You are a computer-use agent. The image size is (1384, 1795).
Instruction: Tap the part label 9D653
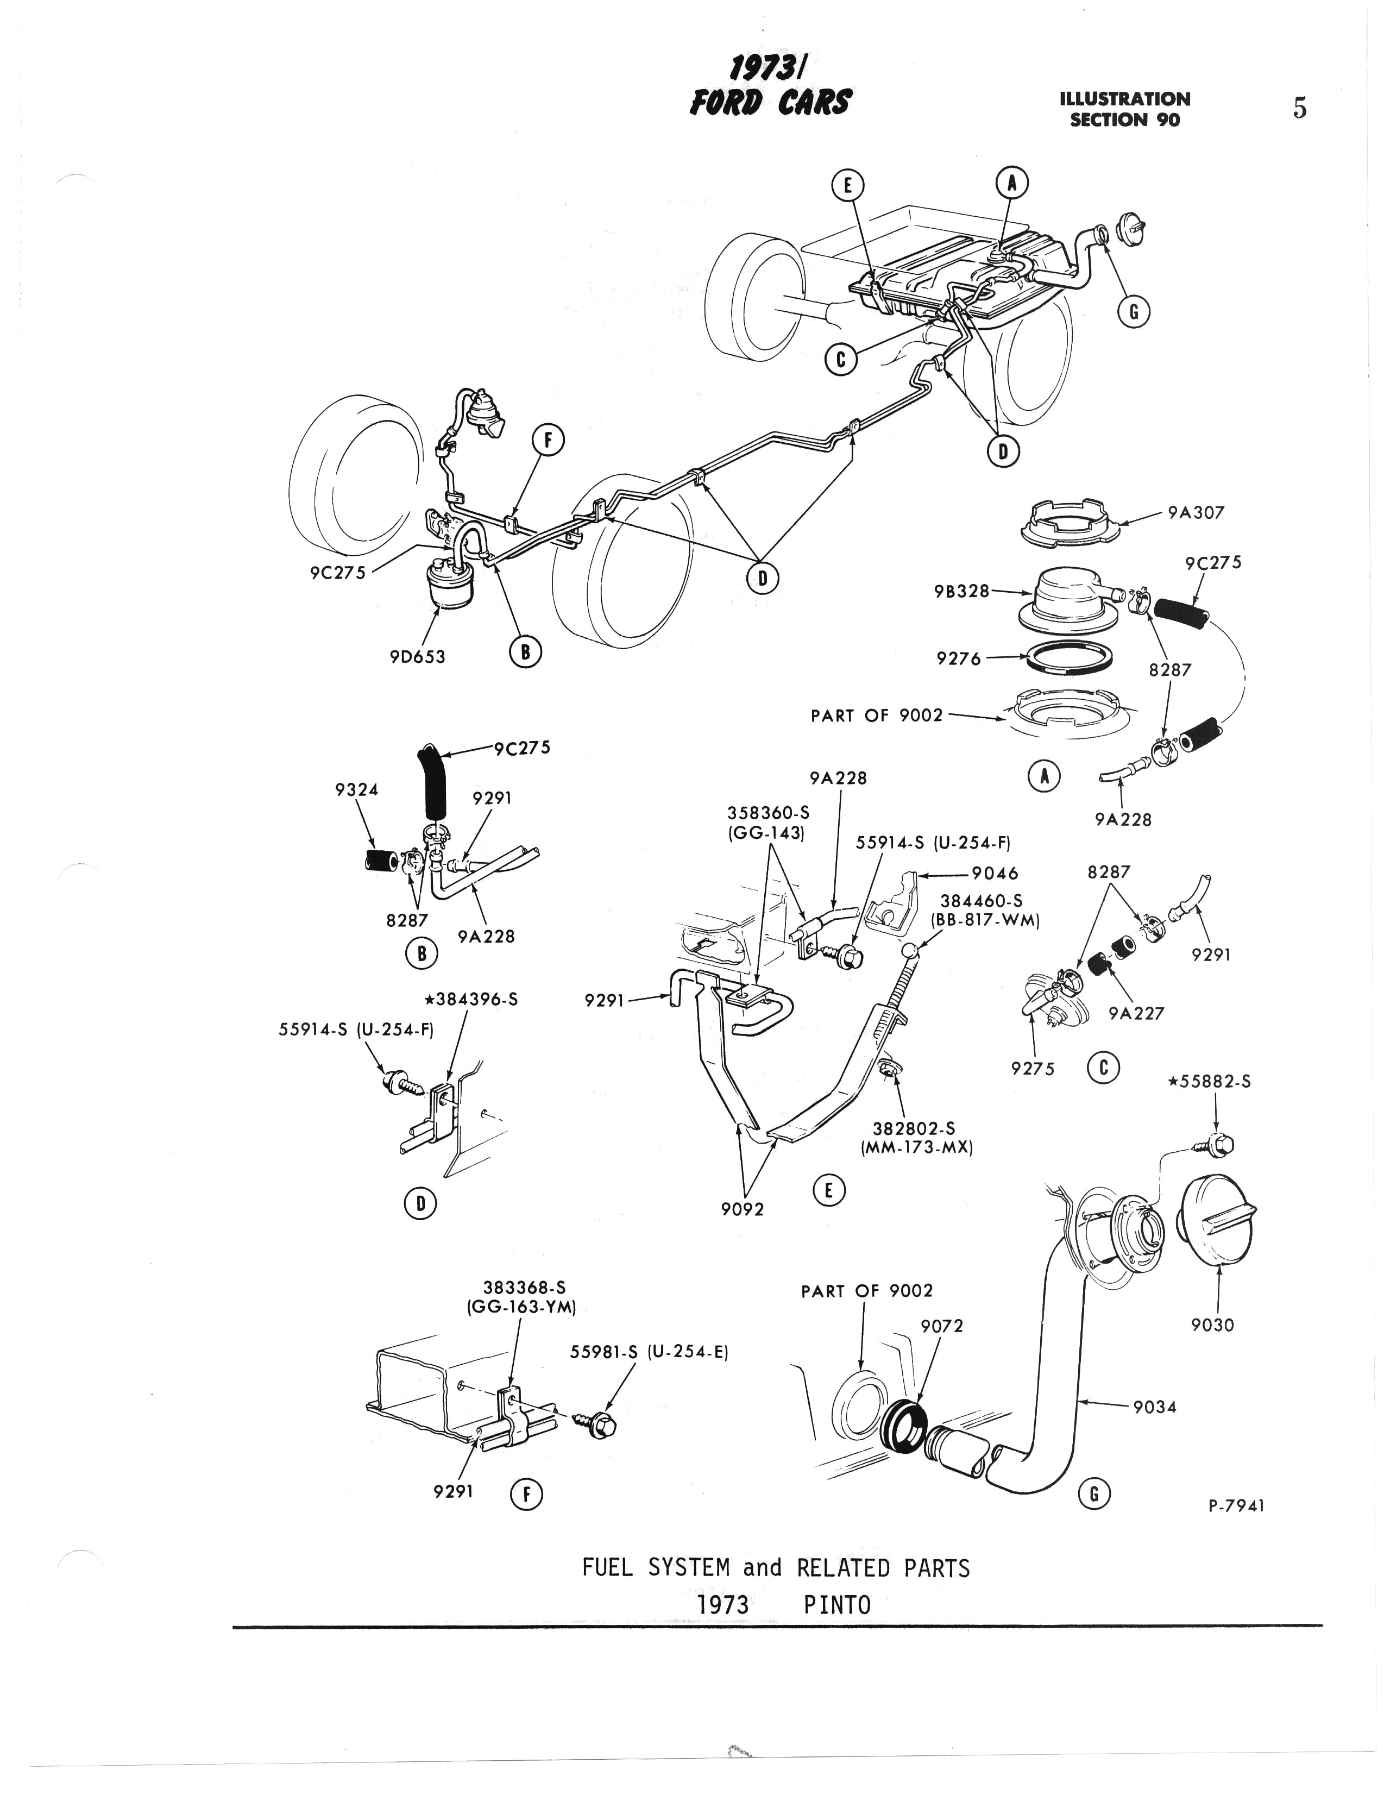(418, 657)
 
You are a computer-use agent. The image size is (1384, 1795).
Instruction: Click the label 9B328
(961, 591)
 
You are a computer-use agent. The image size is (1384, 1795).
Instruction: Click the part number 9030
(1212, 1325)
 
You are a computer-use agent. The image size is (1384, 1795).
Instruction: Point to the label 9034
(1155, 1406)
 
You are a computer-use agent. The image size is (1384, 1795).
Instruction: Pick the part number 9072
(942, 1326)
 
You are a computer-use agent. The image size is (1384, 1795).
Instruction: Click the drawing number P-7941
(1236, 1505)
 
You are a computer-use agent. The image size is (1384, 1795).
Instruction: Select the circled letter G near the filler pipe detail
(1094, 1492)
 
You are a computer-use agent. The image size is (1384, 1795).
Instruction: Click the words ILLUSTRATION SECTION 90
(1124, 109)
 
